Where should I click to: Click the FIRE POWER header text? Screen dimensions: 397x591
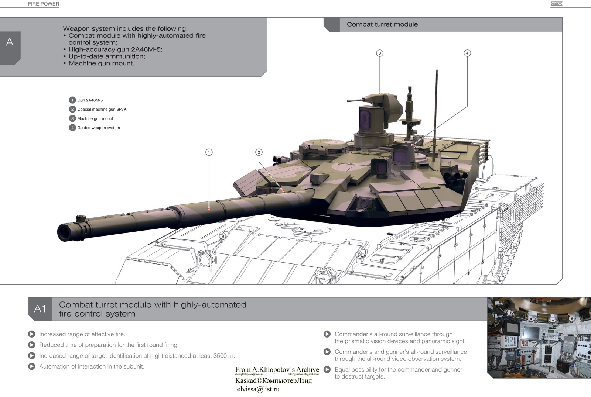tap(44, 4)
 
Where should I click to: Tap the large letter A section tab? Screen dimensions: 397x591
tap(10, 42)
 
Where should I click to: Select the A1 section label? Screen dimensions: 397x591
tap(40, 309)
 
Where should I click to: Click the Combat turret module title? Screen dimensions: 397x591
tap(382, 24)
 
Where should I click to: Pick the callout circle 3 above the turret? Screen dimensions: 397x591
tap(380, 53)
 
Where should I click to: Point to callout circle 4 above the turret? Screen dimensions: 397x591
tap(467, 53)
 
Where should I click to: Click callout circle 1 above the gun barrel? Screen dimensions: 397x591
tap(209, 152)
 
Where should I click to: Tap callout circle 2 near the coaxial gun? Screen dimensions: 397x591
tap(259, 152)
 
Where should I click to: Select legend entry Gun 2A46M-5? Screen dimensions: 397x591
tap(90, 100)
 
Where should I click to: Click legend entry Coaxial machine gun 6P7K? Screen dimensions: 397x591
tap(102, 110)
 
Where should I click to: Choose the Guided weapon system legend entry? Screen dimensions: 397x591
tap(98, 128)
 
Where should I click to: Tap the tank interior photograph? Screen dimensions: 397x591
tap(539, 337)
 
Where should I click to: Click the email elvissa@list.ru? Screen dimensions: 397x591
tap(258, 389)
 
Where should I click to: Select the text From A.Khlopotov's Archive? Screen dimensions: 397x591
tap(277, 369)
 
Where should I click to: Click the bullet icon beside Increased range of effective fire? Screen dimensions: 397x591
tap(32, 334)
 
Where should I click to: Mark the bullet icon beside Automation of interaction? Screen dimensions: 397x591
tap(32, 366)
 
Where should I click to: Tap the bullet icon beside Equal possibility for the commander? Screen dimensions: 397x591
tap(327, 370)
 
